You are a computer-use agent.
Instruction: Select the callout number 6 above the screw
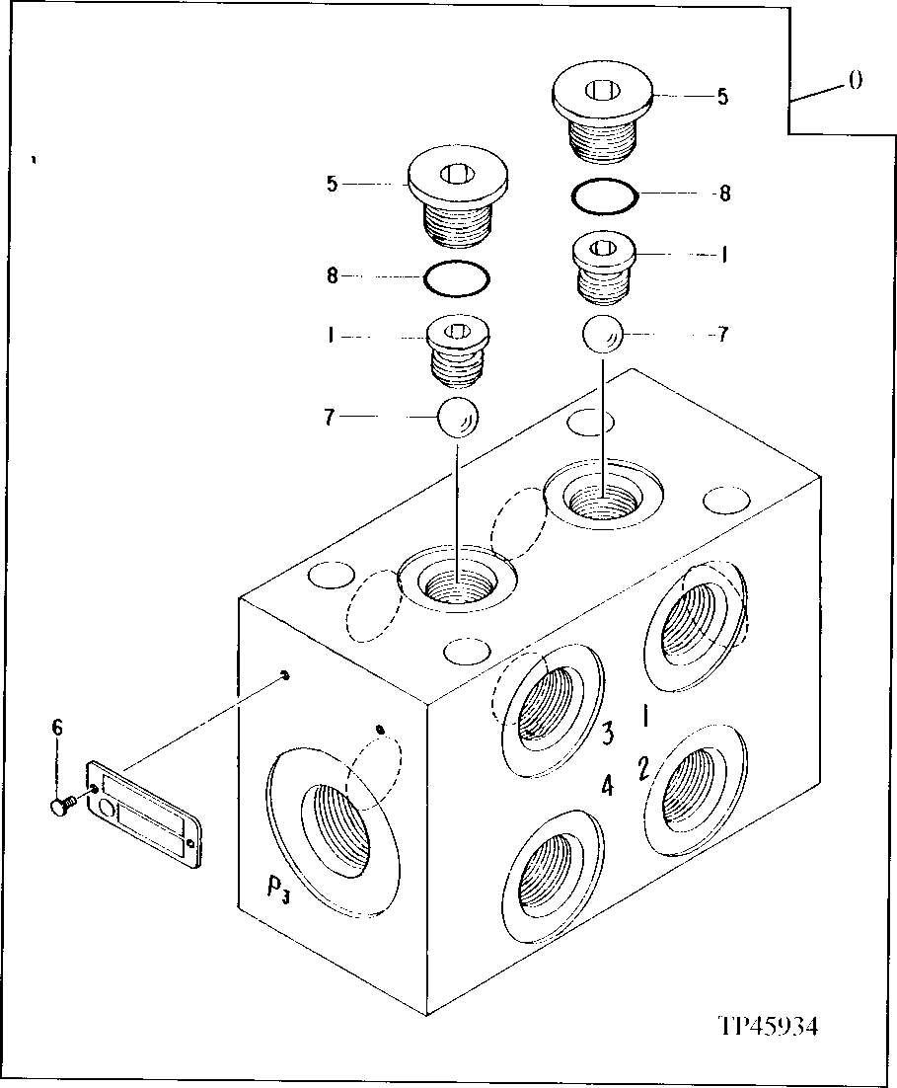(x=57, y=728)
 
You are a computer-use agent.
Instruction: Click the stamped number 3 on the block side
(x=609, y=732)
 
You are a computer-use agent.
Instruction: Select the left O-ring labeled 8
(x=456, y=277)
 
